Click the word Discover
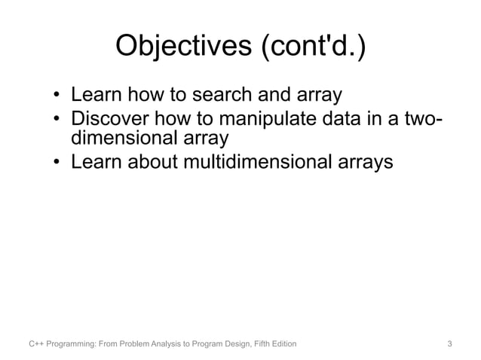[x=114, y=119]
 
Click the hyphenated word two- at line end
[x=418, y=119]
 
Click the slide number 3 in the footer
[x=449, y=344]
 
